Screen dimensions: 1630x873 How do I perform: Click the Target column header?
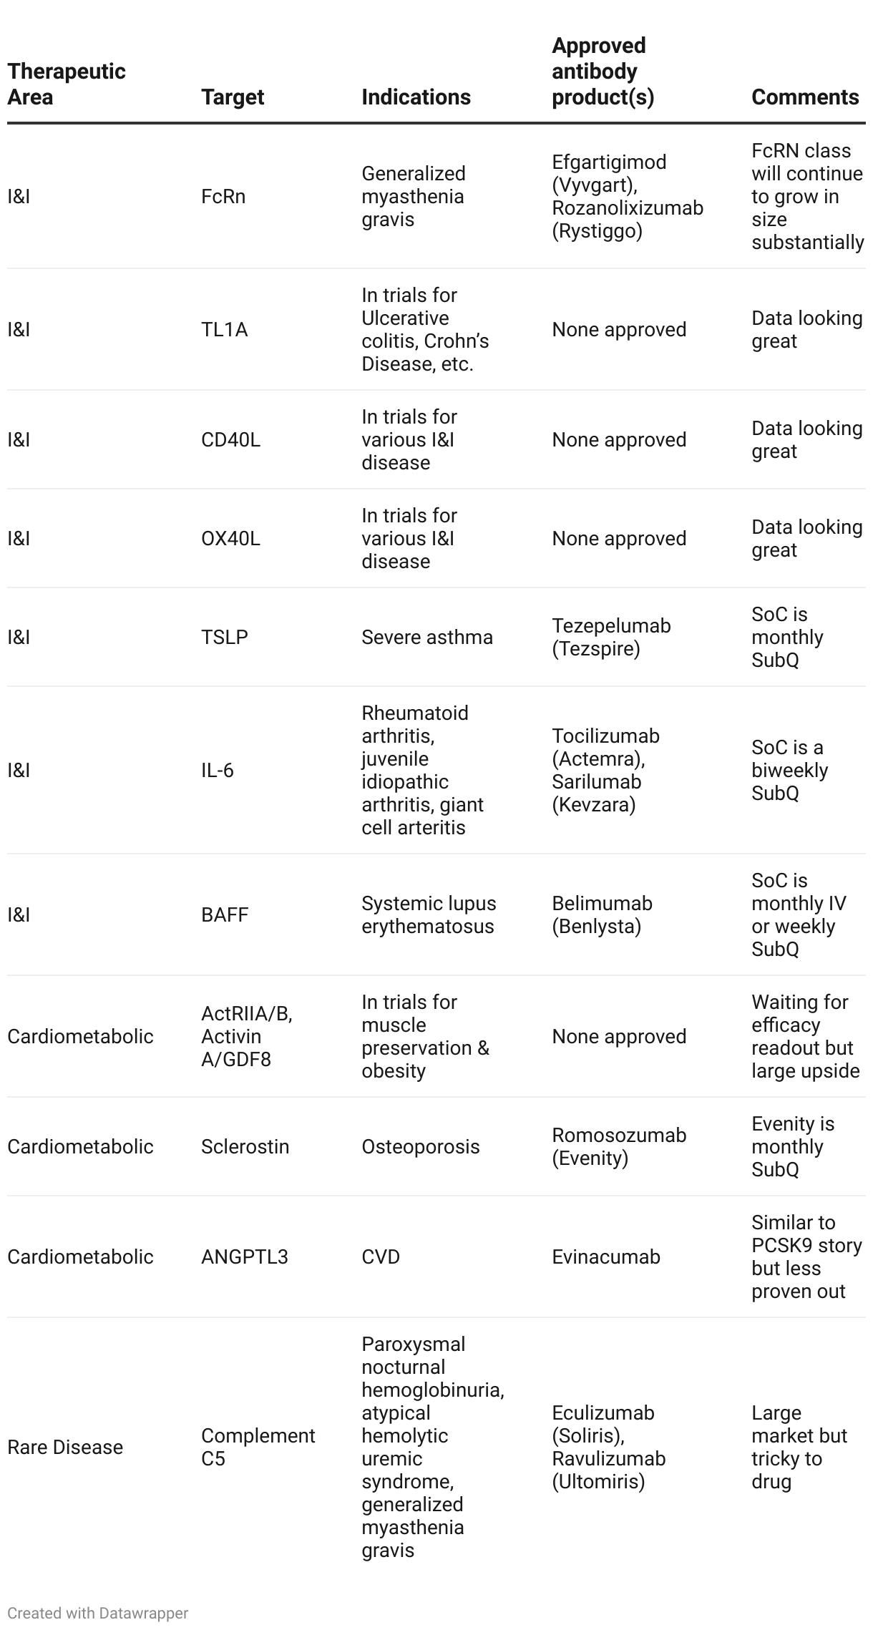pyautogui.click(x=233, y=97)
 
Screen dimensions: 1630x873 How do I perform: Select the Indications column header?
pyautogui.click(x=416, y=97)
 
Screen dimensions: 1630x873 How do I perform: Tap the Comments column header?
pyautogui.click(x=805, y=97)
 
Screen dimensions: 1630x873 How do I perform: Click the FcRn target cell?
pyautogui.click(x=223, y=197)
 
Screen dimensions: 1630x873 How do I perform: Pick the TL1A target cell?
pyautogui.click(x=224, y=330)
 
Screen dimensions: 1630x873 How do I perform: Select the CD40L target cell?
pyautogui.click(x=230, y=440)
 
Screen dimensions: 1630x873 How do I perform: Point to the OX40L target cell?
pyautogui.click(x=230, y=539)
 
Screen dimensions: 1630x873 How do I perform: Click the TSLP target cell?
pyautogui.click(x=225, y=638)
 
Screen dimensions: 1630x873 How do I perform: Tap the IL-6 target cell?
pyautogui.click(x=218, y=771)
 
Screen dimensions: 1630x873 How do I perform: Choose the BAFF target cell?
pyautogui.click(x=225, y=915)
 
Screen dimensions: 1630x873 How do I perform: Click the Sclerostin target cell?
pyautogui.click(x=245, y=1147)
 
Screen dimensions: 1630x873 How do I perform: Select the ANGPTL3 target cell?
pyautogui.click(x=244, y=1257)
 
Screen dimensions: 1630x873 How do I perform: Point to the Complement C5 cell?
pyautogui.click(x=258, y=1448)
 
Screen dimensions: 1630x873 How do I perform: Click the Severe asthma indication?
pyautogui.click(x=427, y=638)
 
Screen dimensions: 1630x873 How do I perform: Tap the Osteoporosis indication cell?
pyautogui.click(x=420, y=1147)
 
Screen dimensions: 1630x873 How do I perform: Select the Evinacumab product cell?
pyautogui.click(x=605, y=1257)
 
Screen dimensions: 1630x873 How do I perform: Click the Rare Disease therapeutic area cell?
pyautogui.click(x=65, y=1448)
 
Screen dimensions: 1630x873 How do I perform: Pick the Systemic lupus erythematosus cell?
pyautogui.click(x=429, y=915)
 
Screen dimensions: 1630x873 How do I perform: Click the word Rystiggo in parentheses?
pyautogui.click(x=598, y=231)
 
